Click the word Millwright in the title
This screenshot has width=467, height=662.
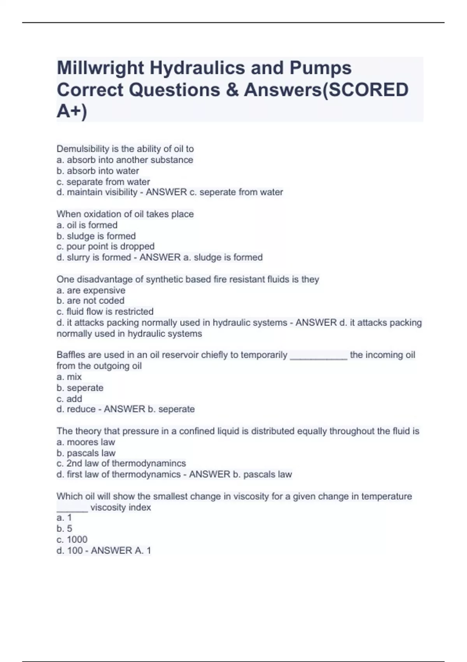(100, 68)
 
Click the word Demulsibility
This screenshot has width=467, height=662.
(83, 149)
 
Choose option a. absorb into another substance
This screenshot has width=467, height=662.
(125, 160)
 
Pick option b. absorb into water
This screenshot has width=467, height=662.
(98, 171)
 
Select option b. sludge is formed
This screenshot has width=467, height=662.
(96, 236)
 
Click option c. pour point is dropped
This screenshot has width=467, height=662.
(105, 246)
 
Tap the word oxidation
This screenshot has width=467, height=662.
(103, 214)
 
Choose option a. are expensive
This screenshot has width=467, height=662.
(91, 290)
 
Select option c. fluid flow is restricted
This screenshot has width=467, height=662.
(105, 312)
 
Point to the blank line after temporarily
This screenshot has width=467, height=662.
(318, 356)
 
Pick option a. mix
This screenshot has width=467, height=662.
(69, 377)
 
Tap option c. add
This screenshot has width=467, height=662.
(69, 399)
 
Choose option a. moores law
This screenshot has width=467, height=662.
(86, 442)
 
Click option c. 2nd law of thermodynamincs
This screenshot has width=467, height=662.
(121, 463)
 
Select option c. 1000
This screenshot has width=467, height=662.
(72, 539)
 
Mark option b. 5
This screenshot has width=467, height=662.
(65, 528)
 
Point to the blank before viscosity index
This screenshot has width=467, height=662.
(72, 509)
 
